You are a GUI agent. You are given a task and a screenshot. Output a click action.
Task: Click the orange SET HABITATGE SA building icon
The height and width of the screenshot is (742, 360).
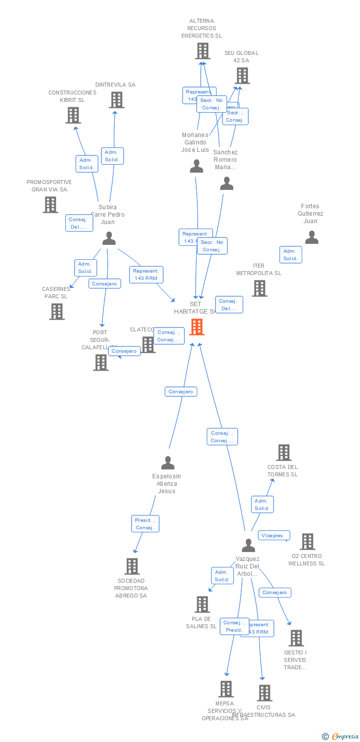click(x=197, y=327)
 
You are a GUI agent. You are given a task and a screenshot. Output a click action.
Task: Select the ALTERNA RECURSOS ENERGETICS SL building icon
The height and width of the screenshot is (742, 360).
click(x=202, y=51)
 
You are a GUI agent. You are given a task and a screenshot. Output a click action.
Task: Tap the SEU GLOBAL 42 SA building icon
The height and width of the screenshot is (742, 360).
click(x=242, y=76)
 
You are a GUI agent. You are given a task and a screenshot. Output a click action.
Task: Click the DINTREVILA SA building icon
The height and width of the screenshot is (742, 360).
click(x=116, y=100)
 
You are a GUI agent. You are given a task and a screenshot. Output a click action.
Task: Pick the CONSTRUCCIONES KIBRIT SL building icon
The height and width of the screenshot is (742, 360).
click(x=73, y=115)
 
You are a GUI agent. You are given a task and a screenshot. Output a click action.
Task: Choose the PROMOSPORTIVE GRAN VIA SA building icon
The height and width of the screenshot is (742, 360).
click(x=50, y=205)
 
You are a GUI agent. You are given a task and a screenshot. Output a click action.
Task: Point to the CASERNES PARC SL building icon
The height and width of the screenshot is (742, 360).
click(x=57, y=312)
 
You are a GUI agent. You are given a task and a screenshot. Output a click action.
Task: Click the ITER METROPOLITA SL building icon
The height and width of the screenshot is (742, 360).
click(x=260, y=288)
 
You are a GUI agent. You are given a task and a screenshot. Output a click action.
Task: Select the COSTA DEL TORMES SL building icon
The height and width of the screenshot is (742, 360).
click(x=283, y=453)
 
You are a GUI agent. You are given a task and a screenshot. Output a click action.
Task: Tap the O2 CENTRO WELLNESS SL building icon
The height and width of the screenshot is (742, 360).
click(x=307, y=542)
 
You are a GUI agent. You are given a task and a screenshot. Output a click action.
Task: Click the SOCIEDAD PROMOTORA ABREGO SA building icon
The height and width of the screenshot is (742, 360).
click(x=132, y=566)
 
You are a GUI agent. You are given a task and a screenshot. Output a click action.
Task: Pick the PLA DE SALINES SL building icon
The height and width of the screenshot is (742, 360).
click(x=202, y=604)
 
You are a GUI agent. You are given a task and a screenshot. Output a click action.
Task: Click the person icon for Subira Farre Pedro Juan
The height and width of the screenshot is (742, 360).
click(x=109, y=238)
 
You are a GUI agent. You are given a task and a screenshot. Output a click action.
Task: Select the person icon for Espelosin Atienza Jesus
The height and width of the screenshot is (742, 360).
click(x=168, y=463)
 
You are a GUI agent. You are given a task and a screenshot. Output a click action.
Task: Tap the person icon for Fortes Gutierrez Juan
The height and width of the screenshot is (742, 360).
click(x=312, y=237)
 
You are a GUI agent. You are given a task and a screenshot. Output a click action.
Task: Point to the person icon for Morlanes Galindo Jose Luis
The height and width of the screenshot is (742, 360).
click(x=196, y=166)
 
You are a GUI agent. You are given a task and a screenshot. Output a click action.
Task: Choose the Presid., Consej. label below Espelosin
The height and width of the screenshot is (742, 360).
click(x=145, y=524)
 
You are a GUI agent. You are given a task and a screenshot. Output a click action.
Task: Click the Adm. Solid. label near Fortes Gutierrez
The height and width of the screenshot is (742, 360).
click(x=290, y=255)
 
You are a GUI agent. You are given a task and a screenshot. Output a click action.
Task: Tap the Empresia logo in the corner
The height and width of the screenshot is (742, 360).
click(x=342, y=737)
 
